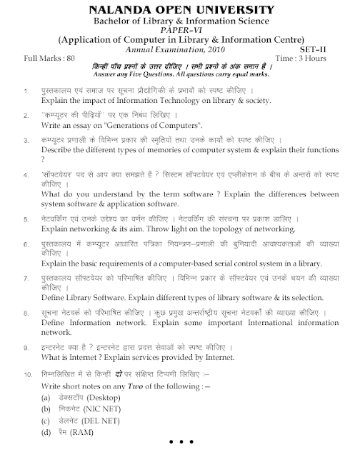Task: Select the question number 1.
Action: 27,93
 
